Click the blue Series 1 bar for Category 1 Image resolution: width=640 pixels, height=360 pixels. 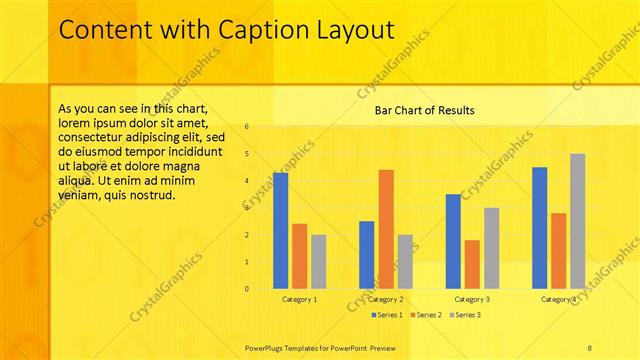click(x=280, y=231)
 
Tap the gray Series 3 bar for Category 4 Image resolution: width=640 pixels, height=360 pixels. click(x=577, y=222)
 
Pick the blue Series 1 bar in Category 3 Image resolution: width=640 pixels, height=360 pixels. click(x=453, y=242)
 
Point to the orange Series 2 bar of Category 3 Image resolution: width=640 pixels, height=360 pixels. click(x=472, y=265)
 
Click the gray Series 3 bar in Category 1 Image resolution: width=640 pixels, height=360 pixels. click(x=318, y=262)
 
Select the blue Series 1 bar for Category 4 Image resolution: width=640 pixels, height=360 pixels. click(x=540, y=228)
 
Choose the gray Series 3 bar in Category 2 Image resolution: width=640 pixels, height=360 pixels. click(x=405, y=262)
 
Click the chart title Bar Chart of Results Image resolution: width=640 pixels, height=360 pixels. click(x=424, y=110)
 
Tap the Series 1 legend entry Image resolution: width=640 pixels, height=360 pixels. click(x=387, y=315)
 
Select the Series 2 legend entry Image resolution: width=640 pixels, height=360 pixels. click(x=428, y=315)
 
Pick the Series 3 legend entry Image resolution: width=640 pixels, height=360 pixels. click(x=465, y=315)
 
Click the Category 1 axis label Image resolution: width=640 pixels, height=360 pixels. click(x=300, y=299)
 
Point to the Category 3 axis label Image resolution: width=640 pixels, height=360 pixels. click(x=472, y=299)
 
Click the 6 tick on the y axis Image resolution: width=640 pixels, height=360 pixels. click(x=246, y=127)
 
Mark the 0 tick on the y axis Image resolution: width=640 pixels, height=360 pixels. click(x=246, y=289)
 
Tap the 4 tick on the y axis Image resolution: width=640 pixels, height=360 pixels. click(x=246, y=181)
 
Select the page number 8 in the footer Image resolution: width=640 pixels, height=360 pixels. click(x=590, y=346)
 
